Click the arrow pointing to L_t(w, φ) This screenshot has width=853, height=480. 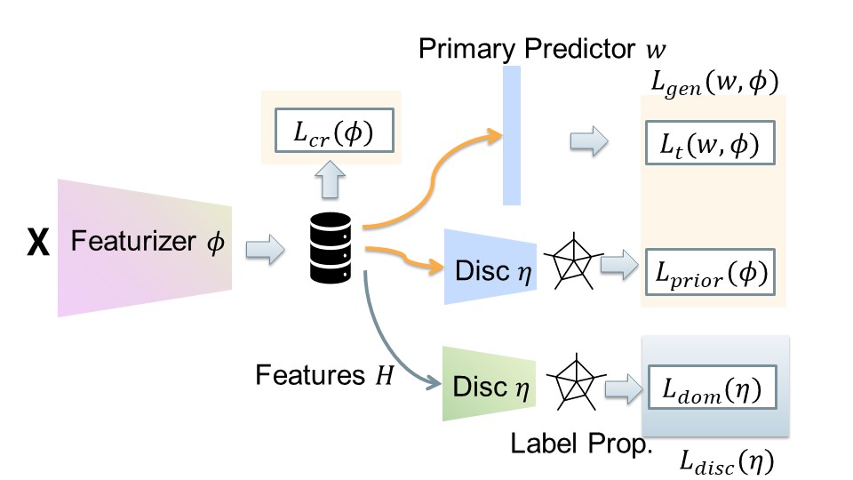(588, 140)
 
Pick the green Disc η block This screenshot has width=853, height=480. (488, 386)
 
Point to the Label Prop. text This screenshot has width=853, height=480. (581, 442)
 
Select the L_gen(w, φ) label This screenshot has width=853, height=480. (713, 85)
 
